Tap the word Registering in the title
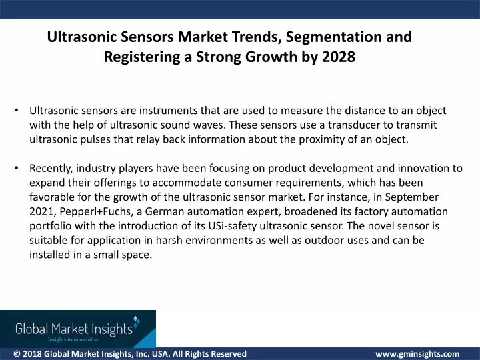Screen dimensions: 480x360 tap(142, 57)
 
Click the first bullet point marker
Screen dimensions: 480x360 tap(17, 110)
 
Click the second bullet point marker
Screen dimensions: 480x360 tap(17, 168)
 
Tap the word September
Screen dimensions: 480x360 tap(412, 197)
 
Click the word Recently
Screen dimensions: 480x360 tap(51, 169)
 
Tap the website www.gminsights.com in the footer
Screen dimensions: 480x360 tap(417, 354)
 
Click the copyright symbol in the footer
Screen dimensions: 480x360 tap(17, 354)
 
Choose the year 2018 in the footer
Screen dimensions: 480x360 tap(32, 354)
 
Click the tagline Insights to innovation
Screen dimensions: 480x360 tap(73, 339)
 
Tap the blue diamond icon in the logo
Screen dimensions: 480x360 tap(137, 321)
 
